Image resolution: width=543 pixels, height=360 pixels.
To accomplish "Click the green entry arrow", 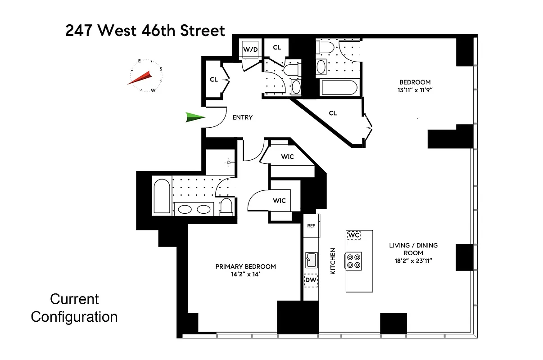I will pyautogui.click(x=195, y=118).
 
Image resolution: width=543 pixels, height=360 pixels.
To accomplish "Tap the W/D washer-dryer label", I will pyautogui.click(x=250, y=49).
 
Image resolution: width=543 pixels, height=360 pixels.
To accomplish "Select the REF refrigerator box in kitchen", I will pyautogui.click(x=311, y=226).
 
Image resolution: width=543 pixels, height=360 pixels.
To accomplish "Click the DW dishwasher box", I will pyautogui.click(x=311, y=281).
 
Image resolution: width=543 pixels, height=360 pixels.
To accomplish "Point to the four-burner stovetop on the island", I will pyautogui.click(x=354, y=261).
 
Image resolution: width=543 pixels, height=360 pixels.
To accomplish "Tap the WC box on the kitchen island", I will pyautogui.click(x=353, y=235).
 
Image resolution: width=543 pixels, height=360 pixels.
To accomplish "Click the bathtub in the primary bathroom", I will pyautogui.click(x=162, y=197).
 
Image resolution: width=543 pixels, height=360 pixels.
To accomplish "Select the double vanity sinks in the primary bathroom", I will pyautogui.click(x=194, y=209).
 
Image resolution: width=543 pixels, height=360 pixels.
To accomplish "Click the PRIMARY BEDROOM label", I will pyautogui.click(x=245, y=266).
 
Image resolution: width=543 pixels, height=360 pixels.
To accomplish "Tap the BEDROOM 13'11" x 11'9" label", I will pyautogui.click(x=415, y=86).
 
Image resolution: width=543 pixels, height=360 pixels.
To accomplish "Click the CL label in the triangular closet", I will pyautogui.click(x=333, y=113).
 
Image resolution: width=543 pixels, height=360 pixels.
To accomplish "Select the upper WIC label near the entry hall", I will pyautogui.click(x=287, y=157).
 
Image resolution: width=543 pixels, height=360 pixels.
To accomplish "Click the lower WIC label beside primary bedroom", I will pyautogui.click(x=279, y=200).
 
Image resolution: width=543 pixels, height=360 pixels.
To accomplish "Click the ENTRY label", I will pyautogui.click(x=242, y=117).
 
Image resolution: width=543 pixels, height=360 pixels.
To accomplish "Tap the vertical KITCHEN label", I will pyautogui.click(x=333, y=261).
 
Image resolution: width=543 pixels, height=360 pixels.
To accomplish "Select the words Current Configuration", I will pyautogui.click(x=74, y=308).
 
